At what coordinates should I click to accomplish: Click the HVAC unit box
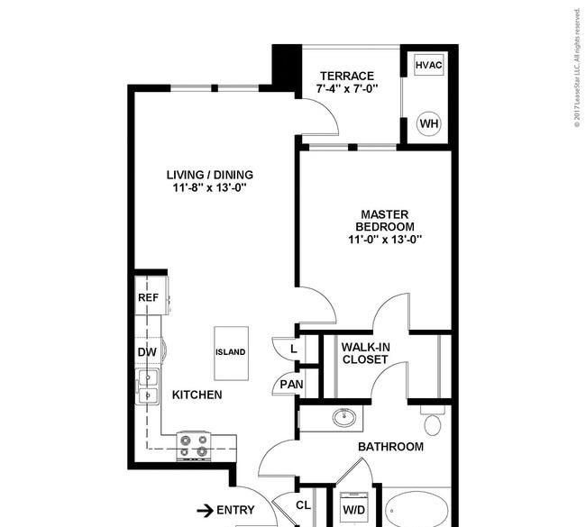coord(428,65)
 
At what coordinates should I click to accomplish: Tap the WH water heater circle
coord(428,123)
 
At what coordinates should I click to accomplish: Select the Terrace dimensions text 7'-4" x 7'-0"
coord(347,89)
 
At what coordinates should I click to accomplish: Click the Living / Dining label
coord(210,175)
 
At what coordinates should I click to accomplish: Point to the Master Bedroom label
coord(385,221)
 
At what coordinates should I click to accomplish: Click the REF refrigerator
coord(151,295)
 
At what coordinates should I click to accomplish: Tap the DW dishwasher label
coord(147,352)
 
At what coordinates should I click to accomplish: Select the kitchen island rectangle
coord(231,353)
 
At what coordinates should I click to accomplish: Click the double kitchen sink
coord(149,386)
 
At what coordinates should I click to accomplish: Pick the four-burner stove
coord(194,446)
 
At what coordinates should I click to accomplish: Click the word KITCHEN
coord(197,395)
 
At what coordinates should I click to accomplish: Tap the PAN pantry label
coord(291,385)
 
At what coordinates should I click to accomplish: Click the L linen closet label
coord(294,350)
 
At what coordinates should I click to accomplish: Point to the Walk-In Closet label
coord(365,353)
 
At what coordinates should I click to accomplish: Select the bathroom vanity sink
coord(344,417)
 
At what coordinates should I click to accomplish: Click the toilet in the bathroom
coord(433,422)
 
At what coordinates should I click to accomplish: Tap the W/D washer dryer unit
coord(354,507)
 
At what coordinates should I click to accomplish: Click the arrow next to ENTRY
coord(205,511)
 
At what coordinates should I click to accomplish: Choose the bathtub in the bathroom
coord(417,510)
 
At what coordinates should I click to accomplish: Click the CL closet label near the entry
coord(303,505)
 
